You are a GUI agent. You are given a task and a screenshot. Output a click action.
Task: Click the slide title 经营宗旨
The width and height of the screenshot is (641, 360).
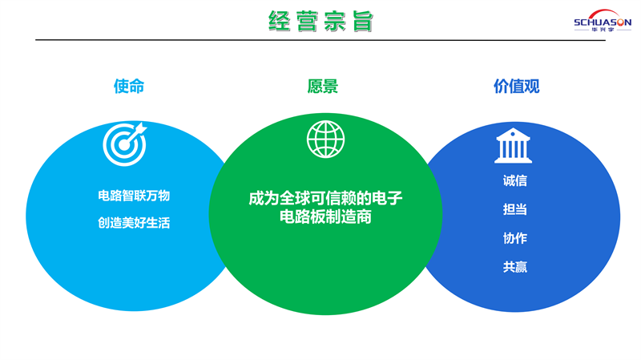pos(321,22)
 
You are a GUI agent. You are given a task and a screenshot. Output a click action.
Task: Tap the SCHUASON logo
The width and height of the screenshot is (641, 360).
pos(603,21)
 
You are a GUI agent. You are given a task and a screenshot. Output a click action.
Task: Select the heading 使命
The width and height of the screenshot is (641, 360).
pos(129,87)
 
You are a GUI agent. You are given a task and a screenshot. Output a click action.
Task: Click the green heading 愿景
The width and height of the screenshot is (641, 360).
pos(323,87)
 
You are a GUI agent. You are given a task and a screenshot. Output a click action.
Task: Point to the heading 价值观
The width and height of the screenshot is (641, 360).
pos(516,87)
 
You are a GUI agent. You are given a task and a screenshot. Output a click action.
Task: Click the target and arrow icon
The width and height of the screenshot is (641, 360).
pos(125,144)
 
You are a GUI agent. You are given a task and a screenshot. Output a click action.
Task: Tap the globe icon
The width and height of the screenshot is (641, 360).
pos(326,139)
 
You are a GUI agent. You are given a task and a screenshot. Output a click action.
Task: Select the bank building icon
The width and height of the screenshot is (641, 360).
pos(513,146)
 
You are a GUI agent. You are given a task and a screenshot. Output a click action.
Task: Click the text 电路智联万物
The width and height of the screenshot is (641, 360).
pos(134,196)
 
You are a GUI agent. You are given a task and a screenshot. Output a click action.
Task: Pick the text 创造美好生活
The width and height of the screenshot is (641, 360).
pos(134,223)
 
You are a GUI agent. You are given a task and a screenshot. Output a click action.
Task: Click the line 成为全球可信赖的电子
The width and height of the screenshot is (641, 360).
pos(326,198)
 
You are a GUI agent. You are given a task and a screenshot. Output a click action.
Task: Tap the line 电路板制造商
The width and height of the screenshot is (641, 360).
pos(326,216)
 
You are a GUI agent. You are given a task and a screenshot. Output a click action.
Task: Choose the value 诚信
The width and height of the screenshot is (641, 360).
pos(515,180)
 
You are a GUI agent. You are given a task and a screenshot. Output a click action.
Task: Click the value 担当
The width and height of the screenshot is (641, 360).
pos(515,209)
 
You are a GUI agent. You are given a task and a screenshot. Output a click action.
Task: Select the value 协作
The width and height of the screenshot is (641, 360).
pos(515,238)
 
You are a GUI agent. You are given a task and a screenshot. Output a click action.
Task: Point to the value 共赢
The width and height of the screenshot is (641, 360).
pos(515,267)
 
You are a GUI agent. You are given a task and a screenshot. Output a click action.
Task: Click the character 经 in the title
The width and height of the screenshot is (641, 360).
pos(279,22)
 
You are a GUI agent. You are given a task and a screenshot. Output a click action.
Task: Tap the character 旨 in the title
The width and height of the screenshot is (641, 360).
pos(363,22)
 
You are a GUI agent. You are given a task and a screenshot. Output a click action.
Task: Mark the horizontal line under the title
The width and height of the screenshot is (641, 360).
pos(320,40)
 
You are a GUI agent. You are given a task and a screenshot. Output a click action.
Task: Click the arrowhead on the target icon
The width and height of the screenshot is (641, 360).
pos(140,128)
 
